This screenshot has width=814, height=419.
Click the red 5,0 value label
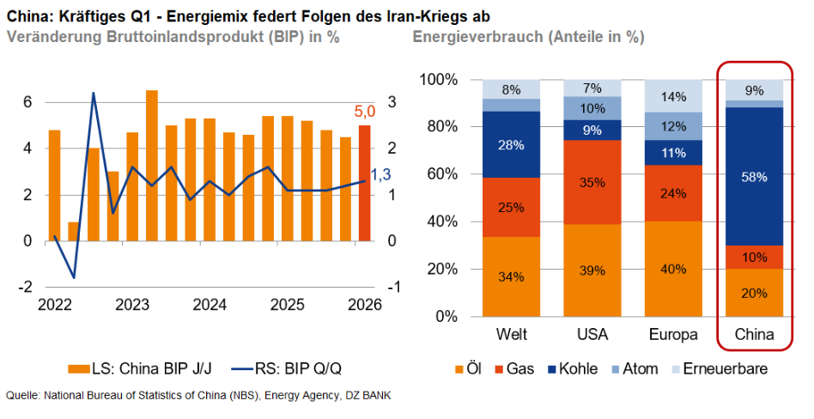point(365,111)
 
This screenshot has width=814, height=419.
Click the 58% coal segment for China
point(754,176)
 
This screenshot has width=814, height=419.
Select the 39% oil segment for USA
point(592,270)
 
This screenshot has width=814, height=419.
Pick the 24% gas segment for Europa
point(673,193)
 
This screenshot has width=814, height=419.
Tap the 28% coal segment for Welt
point(511,144)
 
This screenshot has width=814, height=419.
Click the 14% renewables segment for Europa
point(673,96)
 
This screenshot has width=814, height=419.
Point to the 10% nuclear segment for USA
point(592,108)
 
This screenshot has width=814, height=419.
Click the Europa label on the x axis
point(673,333)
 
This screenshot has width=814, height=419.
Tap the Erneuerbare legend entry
point(723,368)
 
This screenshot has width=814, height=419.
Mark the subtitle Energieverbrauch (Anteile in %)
point(528,38)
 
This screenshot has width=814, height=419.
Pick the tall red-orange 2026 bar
point(365,184)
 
